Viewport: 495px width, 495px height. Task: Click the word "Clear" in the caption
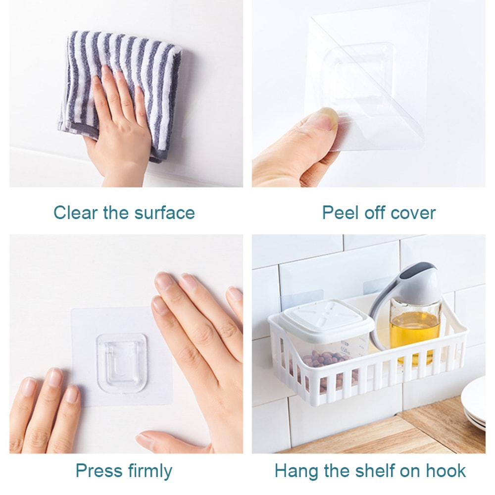pos(75,212)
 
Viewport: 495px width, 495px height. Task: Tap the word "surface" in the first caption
pos(164,212)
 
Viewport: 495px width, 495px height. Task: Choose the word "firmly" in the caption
pos(148,472)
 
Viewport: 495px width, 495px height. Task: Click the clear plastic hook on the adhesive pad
pos(122,363)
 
